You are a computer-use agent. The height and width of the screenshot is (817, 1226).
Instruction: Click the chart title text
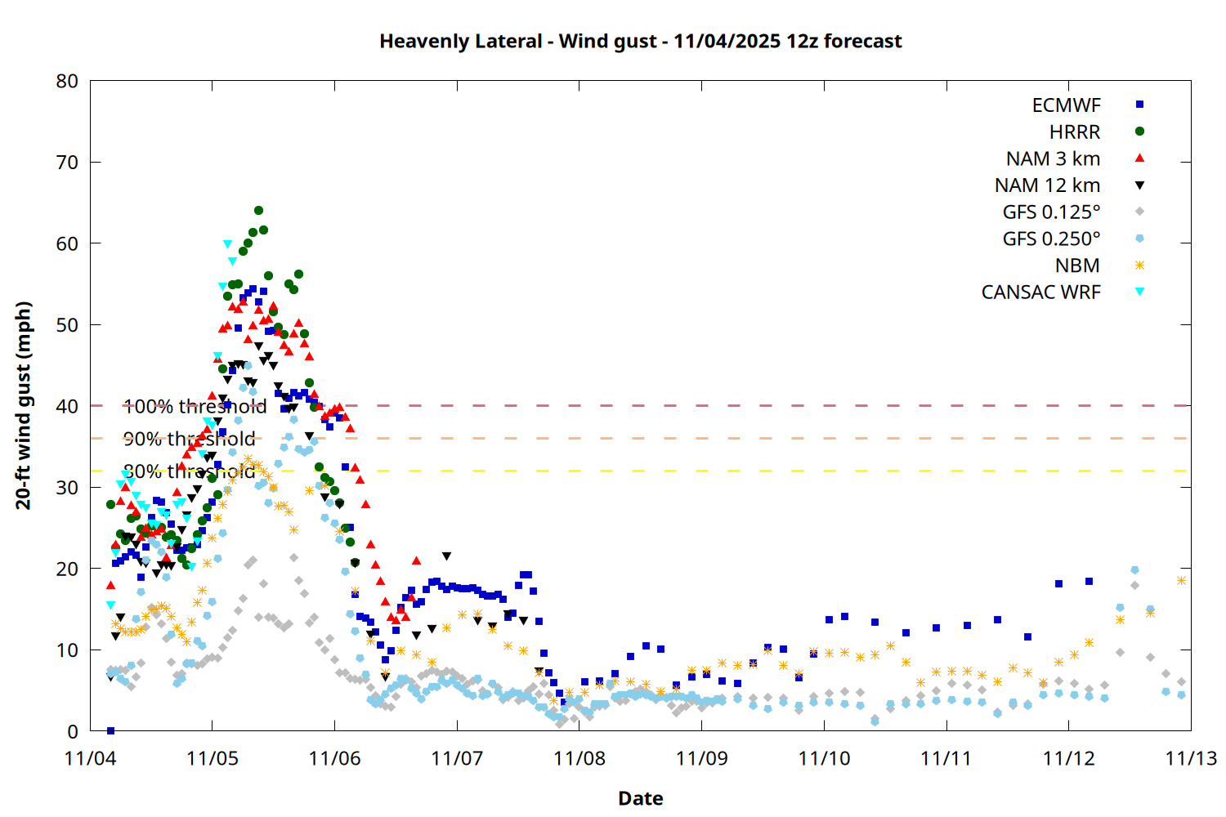coord(640,42)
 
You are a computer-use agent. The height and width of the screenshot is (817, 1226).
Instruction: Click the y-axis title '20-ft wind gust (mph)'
coord(24,405)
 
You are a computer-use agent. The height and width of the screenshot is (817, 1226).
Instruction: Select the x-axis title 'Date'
coord(640,798)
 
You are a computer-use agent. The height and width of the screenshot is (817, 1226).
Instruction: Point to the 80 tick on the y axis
coord(68,81)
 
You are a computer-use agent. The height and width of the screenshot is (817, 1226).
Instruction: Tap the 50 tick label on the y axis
coord(68,325)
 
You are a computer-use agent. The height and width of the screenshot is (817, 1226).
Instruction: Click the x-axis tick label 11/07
coord(457,758)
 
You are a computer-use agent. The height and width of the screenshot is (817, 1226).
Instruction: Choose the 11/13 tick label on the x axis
coord(1190,758)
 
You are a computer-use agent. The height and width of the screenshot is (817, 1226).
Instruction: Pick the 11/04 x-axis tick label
coord(90,758)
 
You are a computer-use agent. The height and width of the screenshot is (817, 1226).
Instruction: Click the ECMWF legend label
coord(1066,105)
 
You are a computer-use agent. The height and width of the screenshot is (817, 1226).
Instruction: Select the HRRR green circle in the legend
coord(1139,132)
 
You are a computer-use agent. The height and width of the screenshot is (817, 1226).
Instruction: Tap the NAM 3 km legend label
coord(1053,158)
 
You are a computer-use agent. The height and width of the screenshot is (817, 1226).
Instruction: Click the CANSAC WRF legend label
coord(1040,292)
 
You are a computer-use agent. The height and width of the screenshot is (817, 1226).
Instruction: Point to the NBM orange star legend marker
coord(1139,266)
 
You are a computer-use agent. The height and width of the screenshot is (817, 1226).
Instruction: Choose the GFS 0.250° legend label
coord(1051,239)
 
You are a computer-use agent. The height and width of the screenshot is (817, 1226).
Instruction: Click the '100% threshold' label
coord(195,406)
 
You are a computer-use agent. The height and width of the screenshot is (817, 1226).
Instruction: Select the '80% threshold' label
coord(189,471)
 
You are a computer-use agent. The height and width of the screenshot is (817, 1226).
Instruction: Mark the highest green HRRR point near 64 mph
coord(258,211)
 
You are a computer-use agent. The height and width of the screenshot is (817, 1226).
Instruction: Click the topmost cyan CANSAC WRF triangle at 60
coord(227,244)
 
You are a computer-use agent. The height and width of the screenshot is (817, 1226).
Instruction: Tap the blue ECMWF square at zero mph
coord(110,730)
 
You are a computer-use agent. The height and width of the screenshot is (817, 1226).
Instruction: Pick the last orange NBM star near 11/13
coord(1181,581)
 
